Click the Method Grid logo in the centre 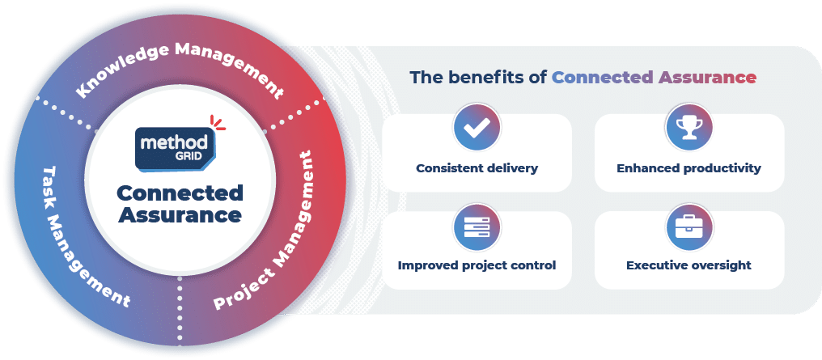(176, 149)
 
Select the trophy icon (689, 128)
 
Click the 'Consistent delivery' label (477, 169)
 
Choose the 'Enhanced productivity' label (689, 169)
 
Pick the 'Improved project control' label (477, 265)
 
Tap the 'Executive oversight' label (689, 265)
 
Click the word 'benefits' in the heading (490, 78)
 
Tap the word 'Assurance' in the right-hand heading (707, 78)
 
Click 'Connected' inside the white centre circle (180, 193)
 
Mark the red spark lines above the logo (218, 123)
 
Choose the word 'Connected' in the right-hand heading (603, 78)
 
